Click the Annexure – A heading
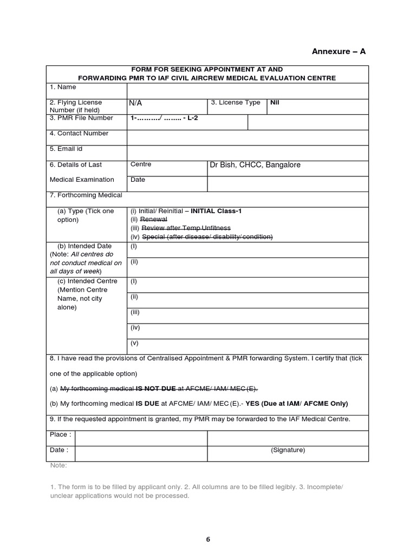[x=339, y=51]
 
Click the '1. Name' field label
[x=63, y=87]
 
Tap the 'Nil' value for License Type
[x=275, y=102]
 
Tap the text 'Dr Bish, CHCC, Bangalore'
[x=255, y=165]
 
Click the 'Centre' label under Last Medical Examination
[x=141, y=164]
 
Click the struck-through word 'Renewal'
[x=154, y=220]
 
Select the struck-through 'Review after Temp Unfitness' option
[x=185, y=228]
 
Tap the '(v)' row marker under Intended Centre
[x=134, y=342]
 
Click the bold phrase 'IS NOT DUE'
[x=156, y=388]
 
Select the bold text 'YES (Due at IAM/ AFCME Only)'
[x=297, y=404]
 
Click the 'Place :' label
[x=60, y=434]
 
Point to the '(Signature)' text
[x=288, y=450]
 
